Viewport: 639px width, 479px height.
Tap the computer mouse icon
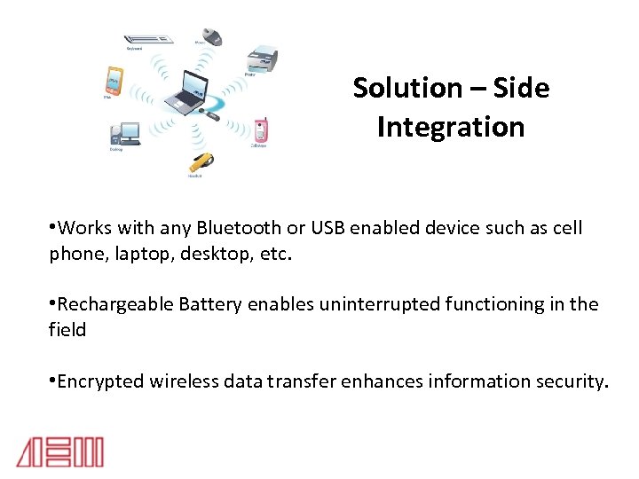coord(210,36)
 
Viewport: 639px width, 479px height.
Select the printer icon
coord(263,59)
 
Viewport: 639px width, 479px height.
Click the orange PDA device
coord(113,81)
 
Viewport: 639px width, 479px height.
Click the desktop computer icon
coord(123,134)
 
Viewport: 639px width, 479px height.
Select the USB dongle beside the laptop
coord(213,114)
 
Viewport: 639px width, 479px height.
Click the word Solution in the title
coord(406,88)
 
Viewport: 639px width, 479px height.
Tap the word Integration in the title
coord(450,127)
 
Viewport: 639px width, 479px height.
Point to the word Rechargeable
coord(115,304)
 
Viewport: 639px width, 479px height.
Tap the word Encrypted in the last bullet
coord(99,381)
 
